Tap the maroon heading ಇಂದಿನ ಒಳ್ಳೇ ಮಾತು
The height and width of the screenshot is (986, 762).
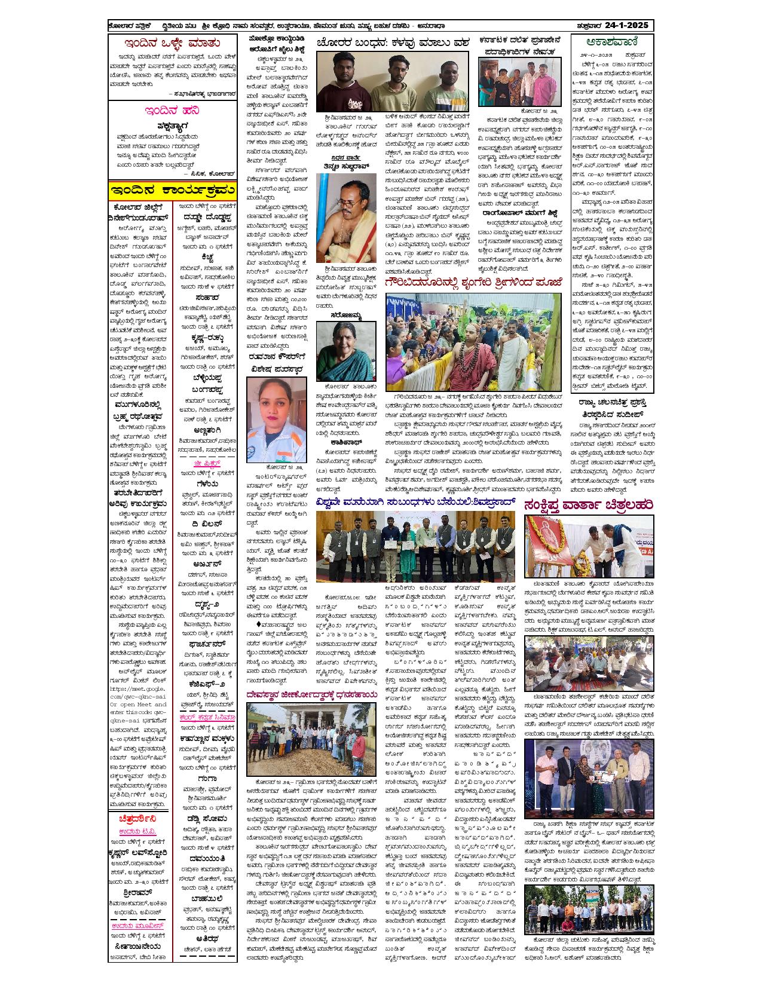pos(172,44)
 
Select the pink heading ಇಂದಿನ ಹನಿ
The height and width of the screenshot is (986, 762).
pos(172,111)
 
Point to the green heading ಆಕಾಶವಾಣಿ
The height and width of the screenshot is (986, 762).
pos(612,42)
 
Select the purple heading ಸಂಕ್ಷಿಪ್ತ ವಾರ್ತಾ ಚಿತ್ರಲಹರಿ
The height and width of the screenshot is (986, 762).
pos(588,505)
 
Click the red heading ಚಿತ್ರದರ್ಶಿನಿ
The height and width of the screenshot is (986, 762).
pos(139,818)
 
